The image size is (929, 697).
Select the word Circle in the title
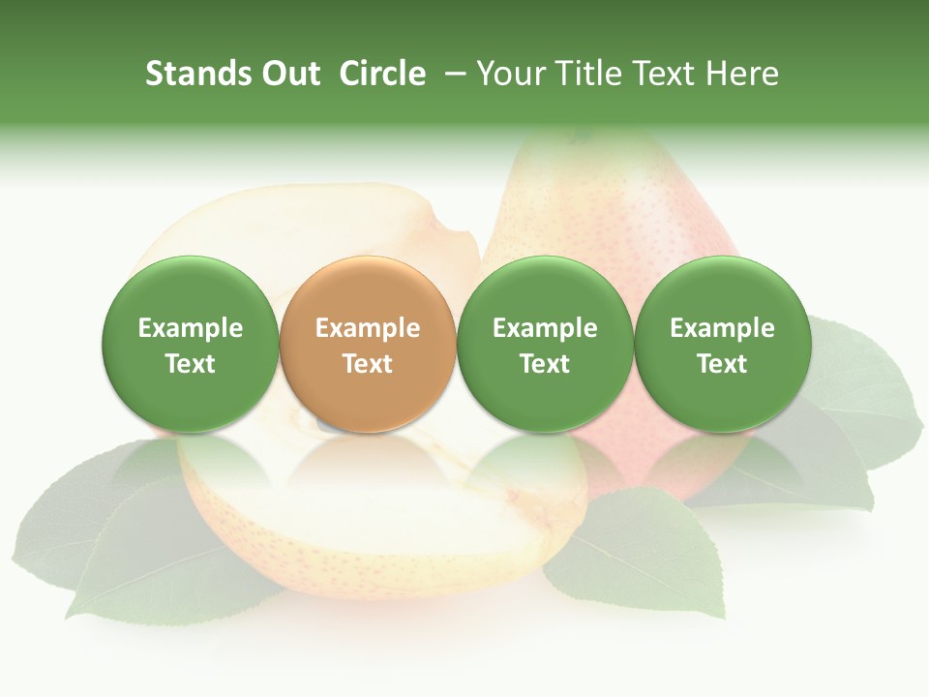point(382,74)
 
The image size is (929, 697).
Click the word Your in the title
point(509,74)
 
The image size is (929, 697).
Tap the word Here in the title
point(743,74)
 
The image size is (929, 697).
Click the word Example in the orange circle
point(367,328)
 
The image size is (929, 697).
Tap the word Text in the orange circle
point(367,364)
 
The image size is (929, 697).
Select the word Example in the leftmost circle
point(190,328)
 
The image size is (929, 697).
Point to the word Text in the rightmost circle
point(722,364)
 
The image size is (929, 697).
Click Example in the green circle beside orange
point(544,328)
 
